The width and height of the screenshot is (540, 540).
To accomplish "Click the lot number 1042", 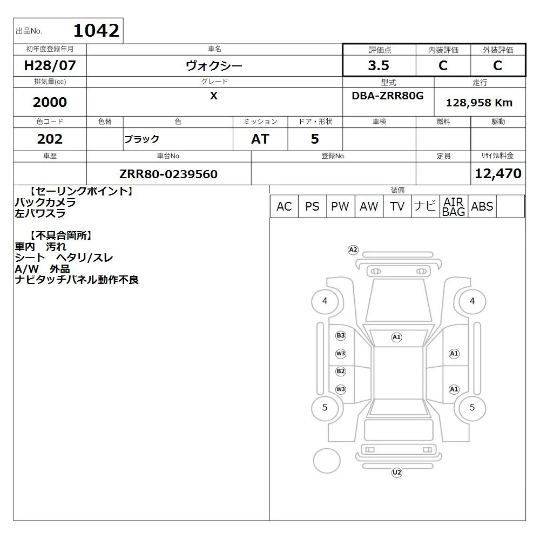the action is (97, 31).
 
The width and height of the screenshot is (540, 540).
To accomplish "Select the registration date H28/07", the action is (50, 65).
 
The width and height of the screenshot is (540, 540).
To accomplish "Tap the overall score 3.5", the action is (379, 65).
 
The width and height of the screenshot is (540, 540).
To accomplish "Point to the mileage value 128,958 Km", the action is (479, 102).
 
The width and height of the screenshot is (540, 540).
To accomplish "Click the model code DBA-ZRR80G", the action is (387, 96).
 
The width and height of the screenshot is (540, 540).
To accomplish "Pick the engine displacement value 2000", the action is (50, 102).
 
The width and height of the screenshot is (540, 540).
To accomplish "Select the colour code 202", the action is (50, 139).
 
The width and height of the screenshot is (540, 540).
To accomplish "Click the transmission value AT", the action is (260, 139).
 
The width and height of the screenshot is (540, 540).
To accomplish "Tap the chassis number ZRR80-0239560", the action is (168, 174).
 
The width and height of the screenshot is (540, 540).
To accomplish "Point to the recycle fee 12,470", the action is (498, 173).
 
